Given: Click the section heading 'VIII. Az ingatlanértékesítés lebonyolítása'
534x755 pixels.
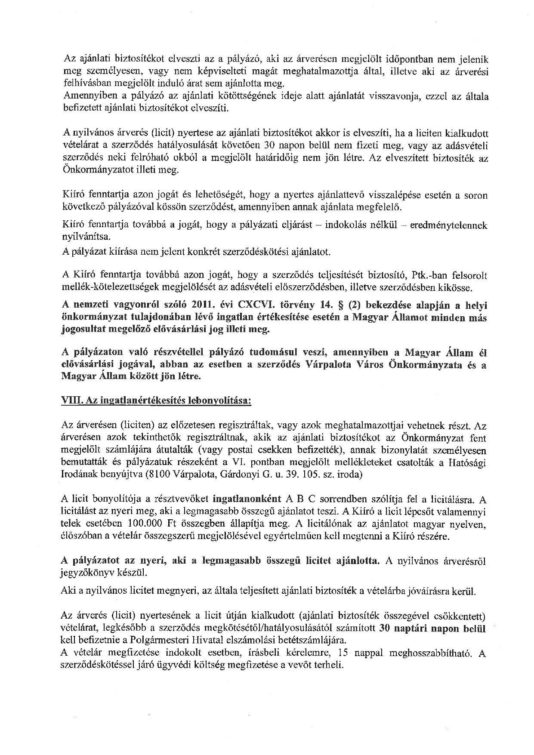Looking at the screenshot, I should click(x=157, y=400).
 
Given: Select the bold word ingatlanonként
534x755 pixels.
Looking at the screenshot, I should click(x=246, y=500).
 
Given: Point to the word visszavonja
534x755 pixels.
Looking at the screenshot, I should click(x=370, y=97).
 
